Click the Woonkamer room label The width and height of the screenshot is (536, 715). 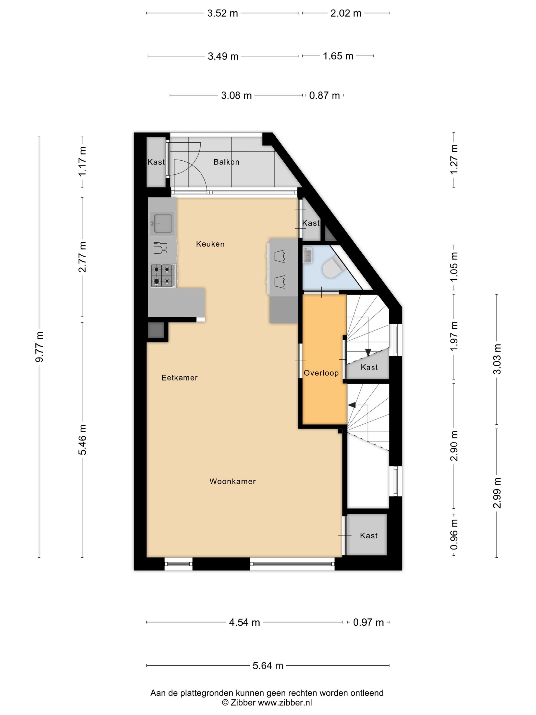(232, 481)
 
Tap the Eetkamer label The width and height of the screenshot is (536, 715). (179, 377)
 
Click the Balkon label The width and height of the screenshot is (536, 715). (226, 162)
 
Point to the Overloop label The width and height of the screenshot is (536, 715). (321, 373)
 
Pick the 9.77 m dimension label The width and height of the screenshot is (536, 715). (39, 347)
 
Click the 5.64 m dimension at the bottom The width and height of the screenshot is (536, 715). (267, 665)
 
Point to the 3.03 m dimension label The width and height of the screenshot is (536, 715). (497, 359)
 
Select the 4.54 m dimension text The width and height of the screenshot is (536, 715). (244, 622)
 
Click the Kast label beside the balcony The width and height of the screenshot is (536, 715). (156, 162)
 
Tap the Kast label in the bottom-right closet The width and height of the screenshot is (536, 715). (369, 535)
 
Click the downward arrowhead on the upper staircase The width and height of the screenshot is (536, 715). (368, 353)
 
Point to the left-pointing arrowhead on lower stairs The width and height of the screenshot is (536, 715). (351, 405)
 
